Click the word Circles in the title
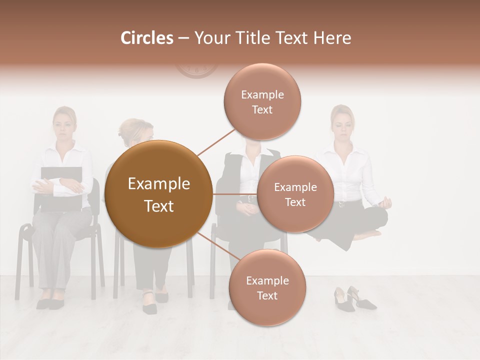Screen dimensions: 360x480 pyautogui.click(x=146, y=38)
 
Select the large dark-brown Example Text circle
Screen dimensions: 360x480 pyautogui.click(x=159, y=194)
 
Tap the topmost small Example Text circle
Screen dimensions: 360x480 pyautogui.click(x=262, y=101)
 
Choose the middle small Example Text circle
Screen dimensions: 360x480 pyautogui.click(x=295, y=194)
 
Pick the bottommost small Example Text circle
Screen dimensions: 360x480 pyautogui.click(x=267, y=287)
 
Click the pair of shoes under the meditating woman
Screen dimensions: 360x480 pyautogui.click(x=354, y=298)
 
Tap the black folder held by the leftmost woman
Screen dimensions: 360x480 pyautogui.click(x=61, y=190)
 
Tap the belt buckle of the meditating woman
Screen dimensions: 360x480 pyautogui.click(x=341, y=204)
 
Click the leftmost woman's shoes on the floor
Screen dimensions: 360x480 pyautogui.click(x=50, y=303)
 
